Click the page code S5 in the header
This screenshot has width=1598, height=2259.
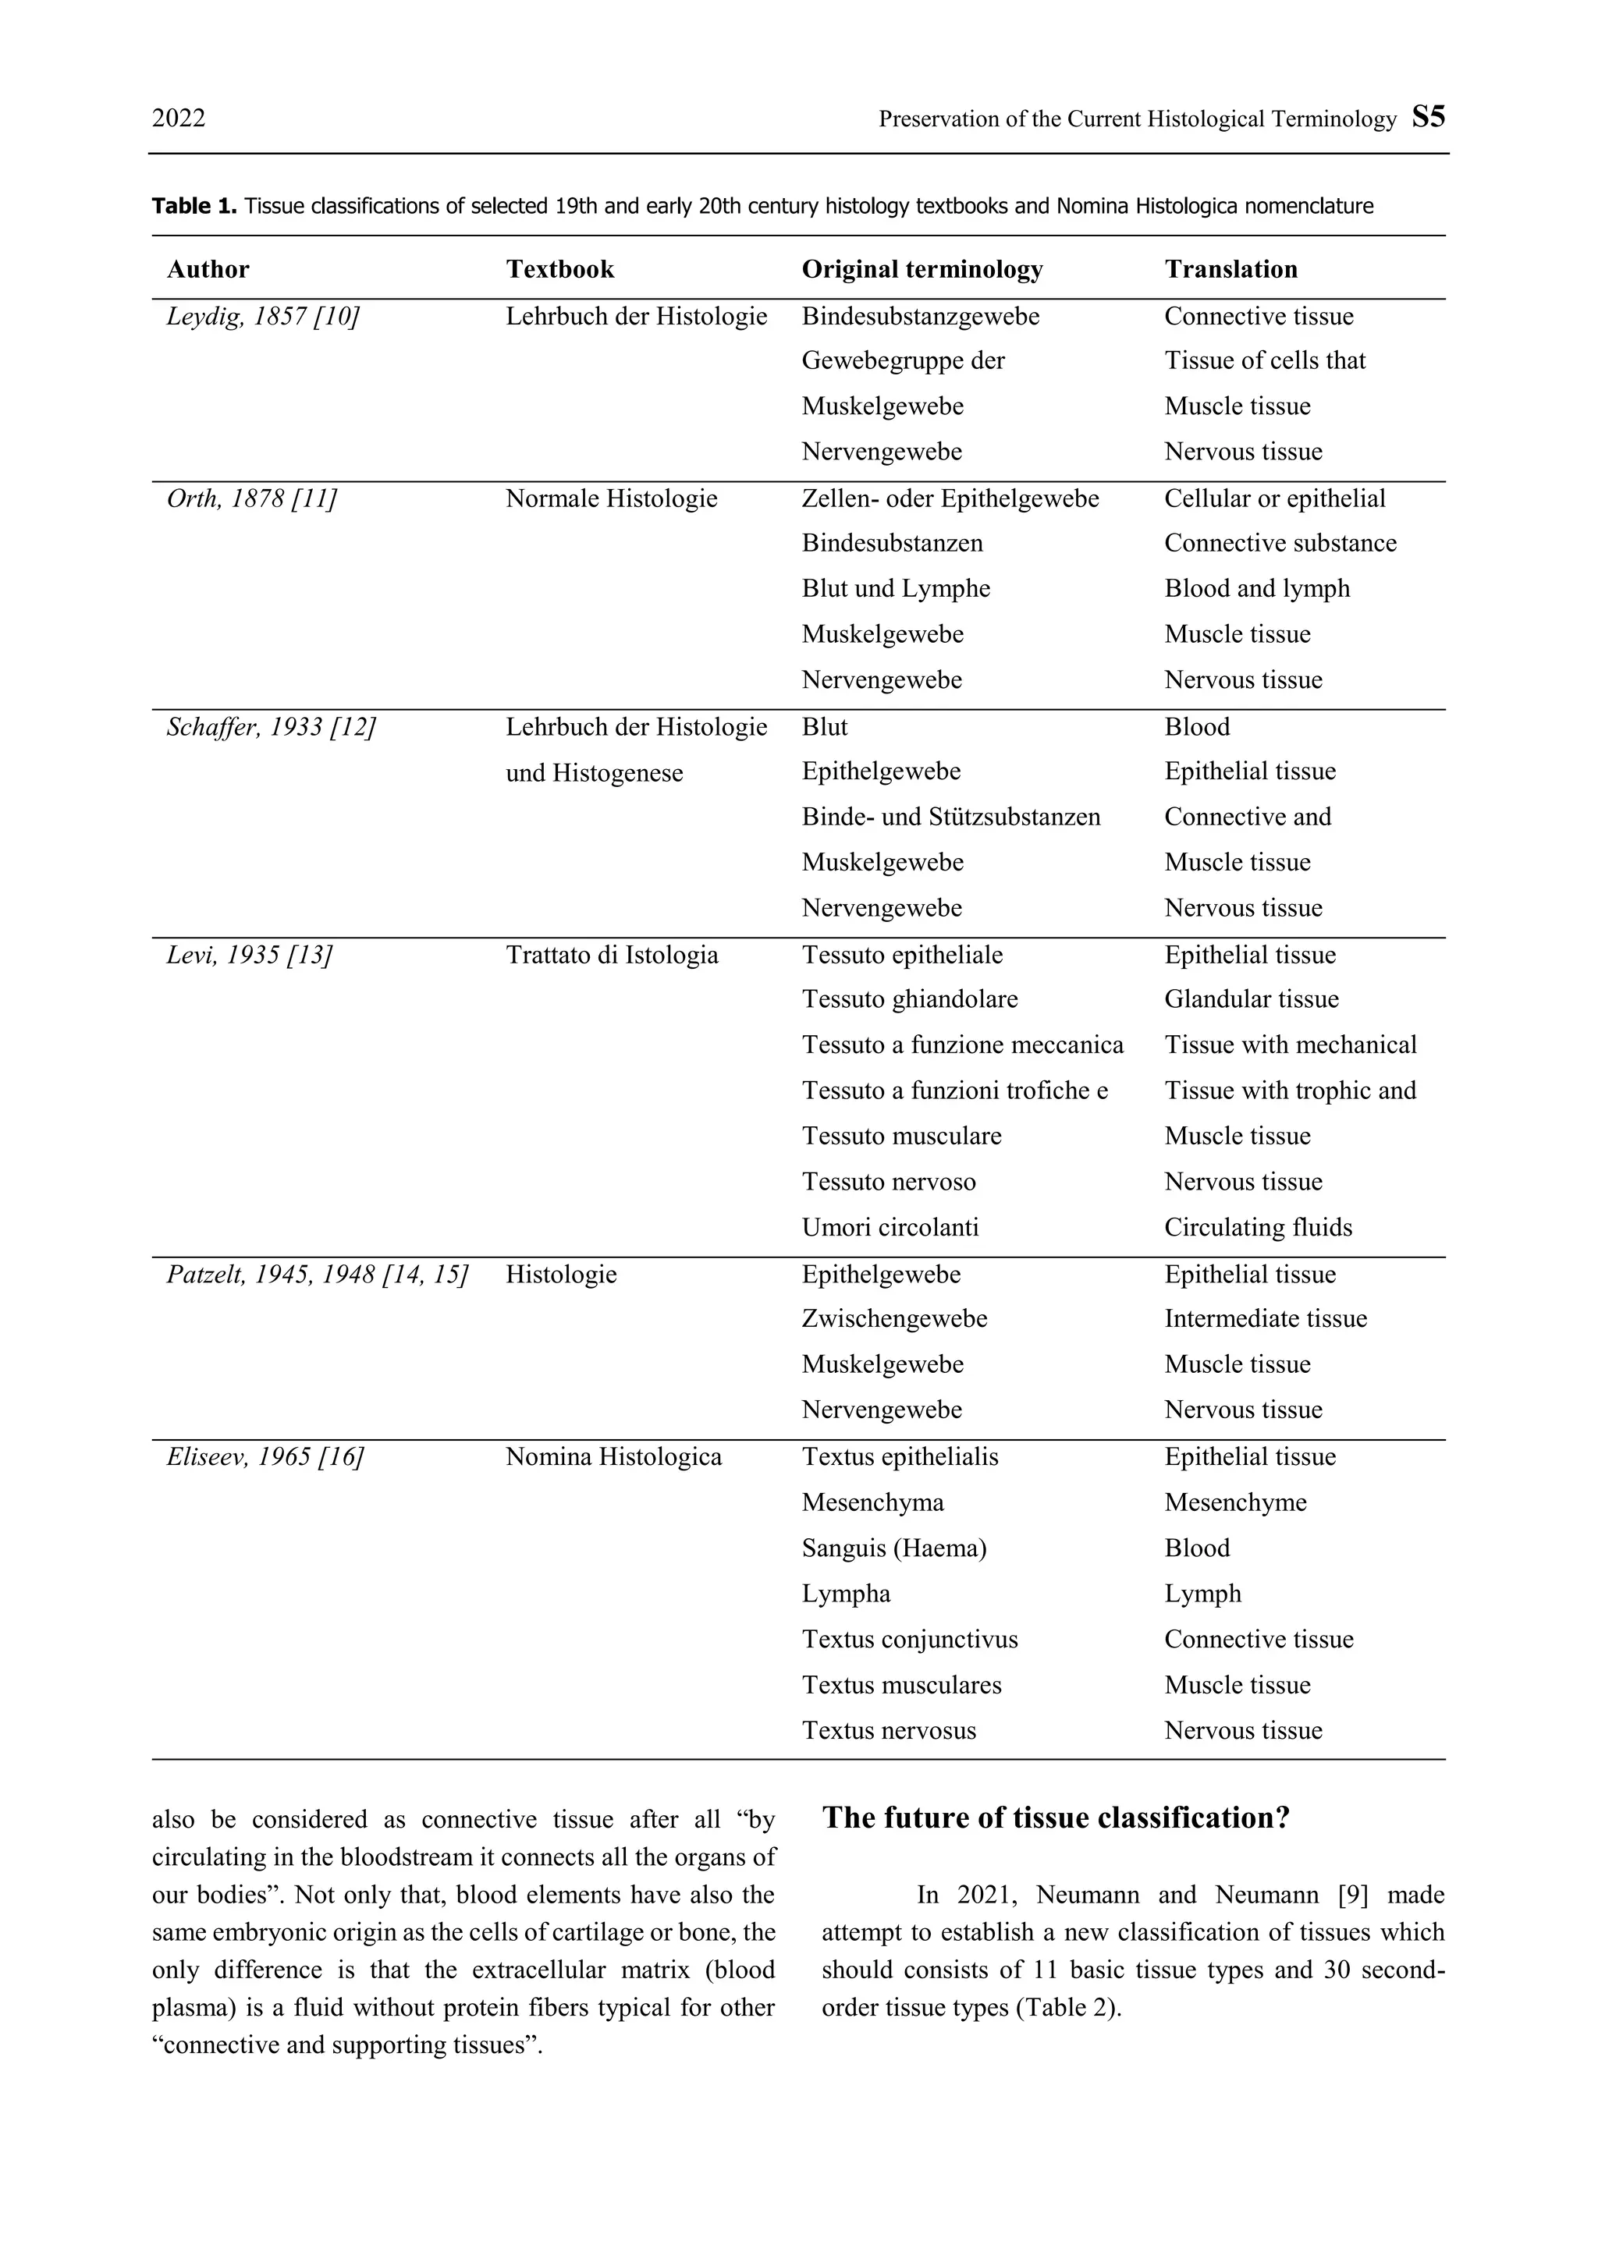[x=1428, y=117]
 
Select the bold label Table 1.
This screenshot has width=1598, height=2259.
[x=194, y=206]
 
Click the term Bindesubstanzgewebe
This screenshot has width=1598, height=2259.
[x=920, y=316]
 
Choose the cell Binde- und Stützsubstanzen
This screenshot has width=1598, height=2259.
[x=950, y=817]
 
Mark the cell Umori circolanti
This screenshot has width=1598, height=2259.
[x=890, y=1227]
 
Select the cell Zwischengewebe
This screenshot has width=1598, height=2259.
[x=893, y=1318]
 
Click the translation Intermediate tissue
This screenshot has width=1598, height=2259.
[x=1266, y=1318]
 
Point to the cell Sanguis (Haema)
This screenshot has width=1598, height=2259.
[x=893, y=1548]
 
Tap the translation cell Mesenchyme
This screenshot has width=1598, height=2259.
[x=1235, y=1502]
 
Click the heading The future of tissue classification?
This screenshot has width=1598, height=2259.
[x=1055, y=1817]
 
